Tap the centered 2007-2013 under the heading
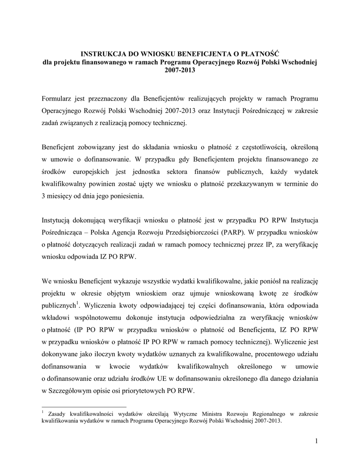(x=180, y=71)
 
